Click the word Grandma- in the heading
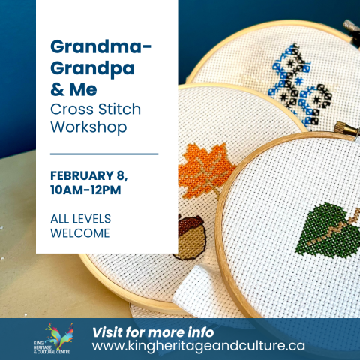tap(100, 46)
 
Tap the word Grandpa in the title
tap(92, 69)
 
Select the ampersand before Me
tap(57, 89)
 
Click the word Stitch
tap(119, 109)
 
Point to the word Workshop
tap(88, 127)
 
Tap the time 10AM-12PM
tap(85, 190)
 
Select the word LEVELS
tap(91, 219)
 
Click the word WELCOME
tap(80, 233)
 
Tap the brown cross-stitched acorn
tap(191, 236)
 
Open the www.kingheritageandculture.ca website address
tap(199, 346)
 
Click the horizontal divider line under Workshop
tap(104, 154)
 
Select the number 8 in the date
tap(120, 175)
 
